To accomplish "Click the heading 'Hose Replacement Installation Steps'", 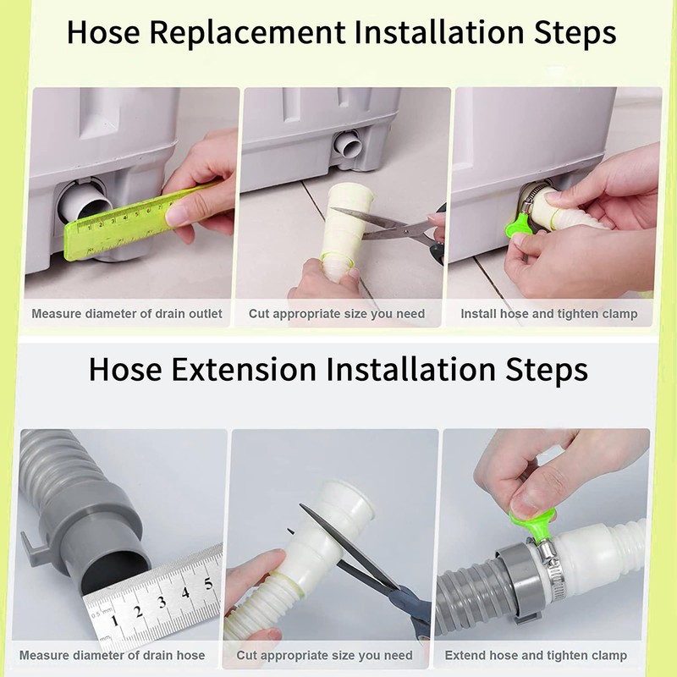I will (x=341, y=33).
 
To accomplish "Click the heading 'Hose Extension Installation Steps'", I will (x=338, y=369).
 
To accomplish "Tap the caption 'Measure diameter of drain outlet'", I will (x=127, y=314).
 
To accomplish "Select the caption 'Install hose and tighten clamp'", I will (x=549, y=314).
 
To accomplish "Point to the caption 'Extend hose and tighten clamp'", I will (x=536, y=655).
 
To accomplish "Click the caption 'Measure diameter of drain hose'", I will (x=112, y=655).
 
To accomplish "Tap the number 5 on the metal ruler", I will (x=208, y=581).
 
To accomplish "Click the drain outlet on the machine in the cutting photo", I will (x=349, y=145).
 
